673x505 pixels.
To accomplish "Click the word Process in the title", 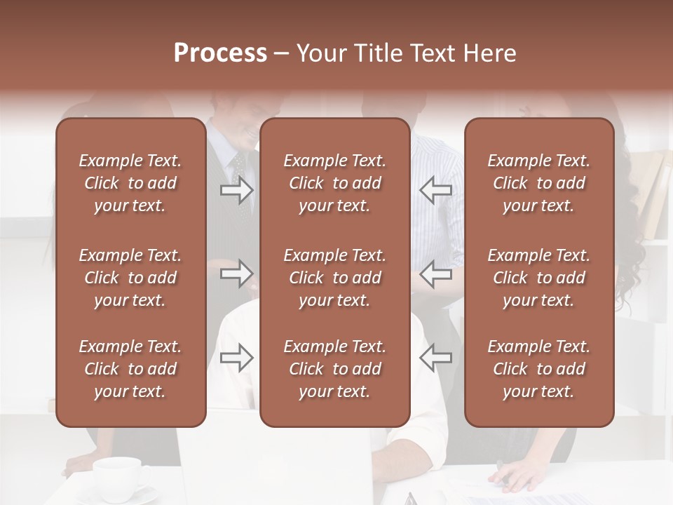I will pos(220,53).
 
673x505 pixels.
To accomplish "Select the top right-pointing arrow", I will pos(236,190).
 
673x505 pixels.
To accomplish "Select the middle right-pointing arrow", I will pos(236,274).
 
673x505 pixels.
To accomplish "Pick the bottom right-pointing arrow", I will pos(236,358).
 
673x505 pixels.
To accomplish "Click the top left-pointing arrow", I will pos(435,190).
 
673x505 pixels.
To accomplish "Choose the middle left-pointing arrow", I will pos(435,274).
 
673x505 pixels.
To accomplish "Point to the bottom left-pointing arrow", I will pos(435,358).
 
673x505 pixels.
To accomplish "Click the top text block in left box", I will pos(130,183).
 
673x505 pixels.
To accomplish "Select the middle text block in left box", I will pos(130,278).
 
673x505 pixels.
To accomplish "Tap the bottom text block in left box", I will pos(130,369).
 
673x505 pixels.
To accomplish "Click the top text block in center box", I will pos(334,183).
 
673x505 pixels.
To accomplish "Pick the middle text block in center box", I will pos(334,278).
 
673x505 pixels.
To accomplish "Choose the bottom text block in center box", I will pos(334,369).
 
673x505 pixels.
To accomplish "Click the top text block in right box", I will pos(538,183).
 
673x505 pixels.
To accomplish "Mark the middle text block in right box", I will pos(538,278).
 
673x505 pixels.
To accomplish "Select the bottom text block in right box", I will pos(538,369).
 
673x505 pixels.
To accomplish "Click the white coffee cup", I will pos(119,477).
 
